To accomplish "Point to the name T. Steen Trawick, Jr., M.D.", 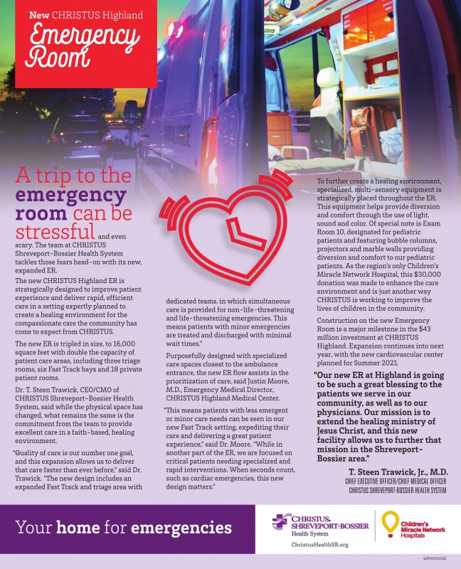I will (397, 472).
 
